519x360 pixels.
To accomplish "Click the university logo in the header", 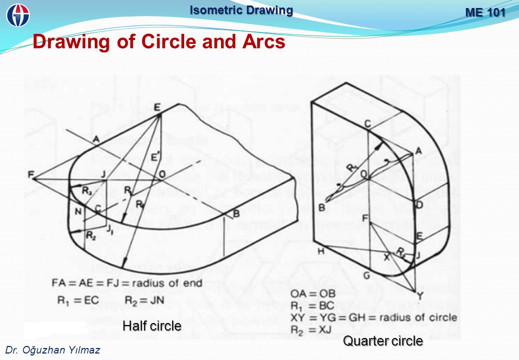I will pyautogui.click(x=18, y=14).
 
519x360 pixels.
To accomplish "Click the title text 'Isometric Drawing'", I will pyautogui.click(x=241, y=10).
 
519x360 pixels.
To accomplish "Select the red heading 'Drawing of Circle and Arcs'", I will pyautogui.click(x=159, y=42).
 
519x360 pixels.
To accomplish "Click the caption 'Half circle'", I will pyautogui.click(x=152, y=326).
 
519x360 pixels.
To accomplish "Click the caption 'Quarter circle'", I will pyautogui.click(x=383, y=341).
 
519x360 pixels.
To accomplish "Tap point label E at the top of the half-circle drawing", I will pyautogui.click(x=158, y=106).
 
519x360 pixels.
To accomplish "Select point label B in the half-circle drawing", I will pyautogui.click(x=237, y=214).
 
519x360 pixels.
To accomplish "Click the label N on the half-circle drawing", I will pyautogui.click(x=78, y=211).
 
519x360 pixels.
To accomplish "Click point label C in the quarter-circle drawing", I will pyautogui.click(x=367, y=123).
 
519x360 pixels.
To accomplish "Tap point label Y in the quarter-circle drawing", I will pyautogui.click(x=419, y=296).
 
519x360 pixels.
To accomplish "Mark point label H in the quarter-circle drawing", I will pyautogui.click(x=321, y=251).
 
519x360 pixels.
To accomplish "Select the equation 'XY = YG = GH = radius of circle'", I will pyautogui.click(x=374, y=317).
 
